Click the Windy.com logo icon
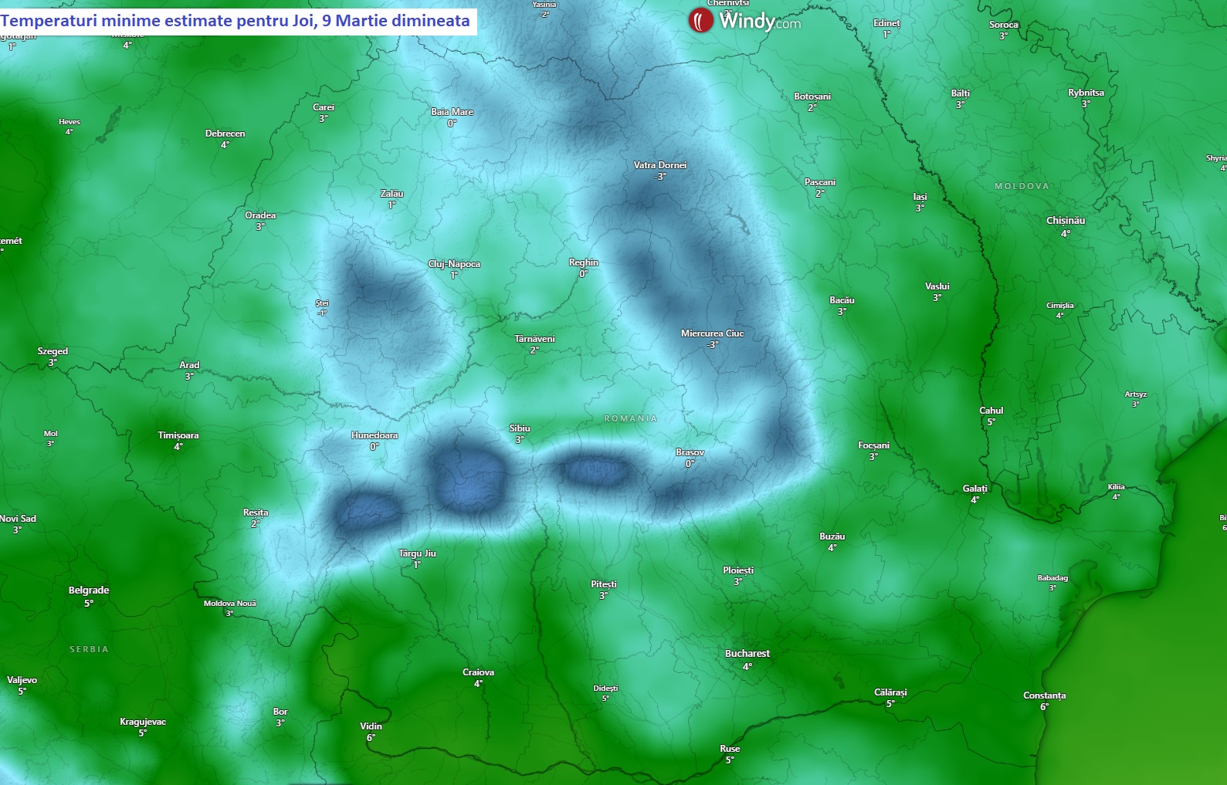tap(700, 21)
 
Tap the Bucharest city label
tap(747, 654)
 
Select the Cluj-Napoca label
tap(454, 264)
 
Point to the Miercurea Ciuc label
tap(712, 333)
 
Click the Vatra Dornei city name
tap(659, 165)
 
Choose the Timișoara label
tap(178, 435)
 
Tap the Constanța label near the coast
tap(1044, 695)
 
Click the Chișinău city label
tap(1065, 221)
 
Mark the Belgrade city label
tap(89, 590)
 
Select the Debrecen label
tap(225, 134)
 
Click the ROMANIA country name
tap(630, 418)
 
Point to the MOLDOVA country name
tap(1022, 186)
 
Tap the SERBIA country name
tap(89, 649)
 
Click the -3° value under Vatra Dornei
tap(660, 177)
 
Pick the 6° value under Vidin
tap(371, 738)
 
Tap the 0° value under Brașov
tap(690, 464)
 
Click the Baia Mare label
tap(452, 112)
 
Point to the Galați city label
tap(974, 489)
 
